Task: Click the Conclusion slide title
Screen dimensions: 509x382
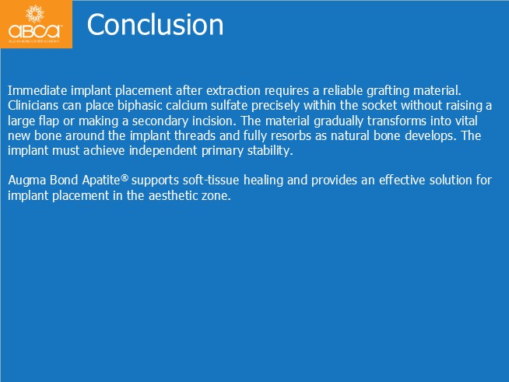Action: [x=155, y=25]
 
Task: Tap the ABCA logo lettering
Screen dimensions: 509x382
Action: [x=35, y=31]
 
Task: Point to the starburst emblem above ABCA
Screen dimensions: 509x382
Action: [x=35, y=13]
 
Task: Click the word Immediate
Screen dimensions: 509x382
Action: [x=37, y=90]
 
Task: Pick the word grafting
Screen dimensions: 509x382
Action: [x=388, y=91]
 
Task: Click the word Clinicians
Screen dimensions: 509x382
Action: [x=33, y=106]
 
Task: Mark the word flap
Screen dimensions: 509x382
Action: [x=49, y=121]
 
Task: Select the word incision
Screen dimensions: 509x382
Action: [x=214, y=121]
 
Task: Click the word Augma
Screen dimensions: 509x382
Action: [x=27, y=180]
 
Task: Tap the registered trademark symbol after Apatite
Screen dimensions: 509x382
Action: [x=125, y=178]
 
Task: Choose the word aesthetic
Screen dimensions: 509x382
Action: [x=174, y=195]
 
